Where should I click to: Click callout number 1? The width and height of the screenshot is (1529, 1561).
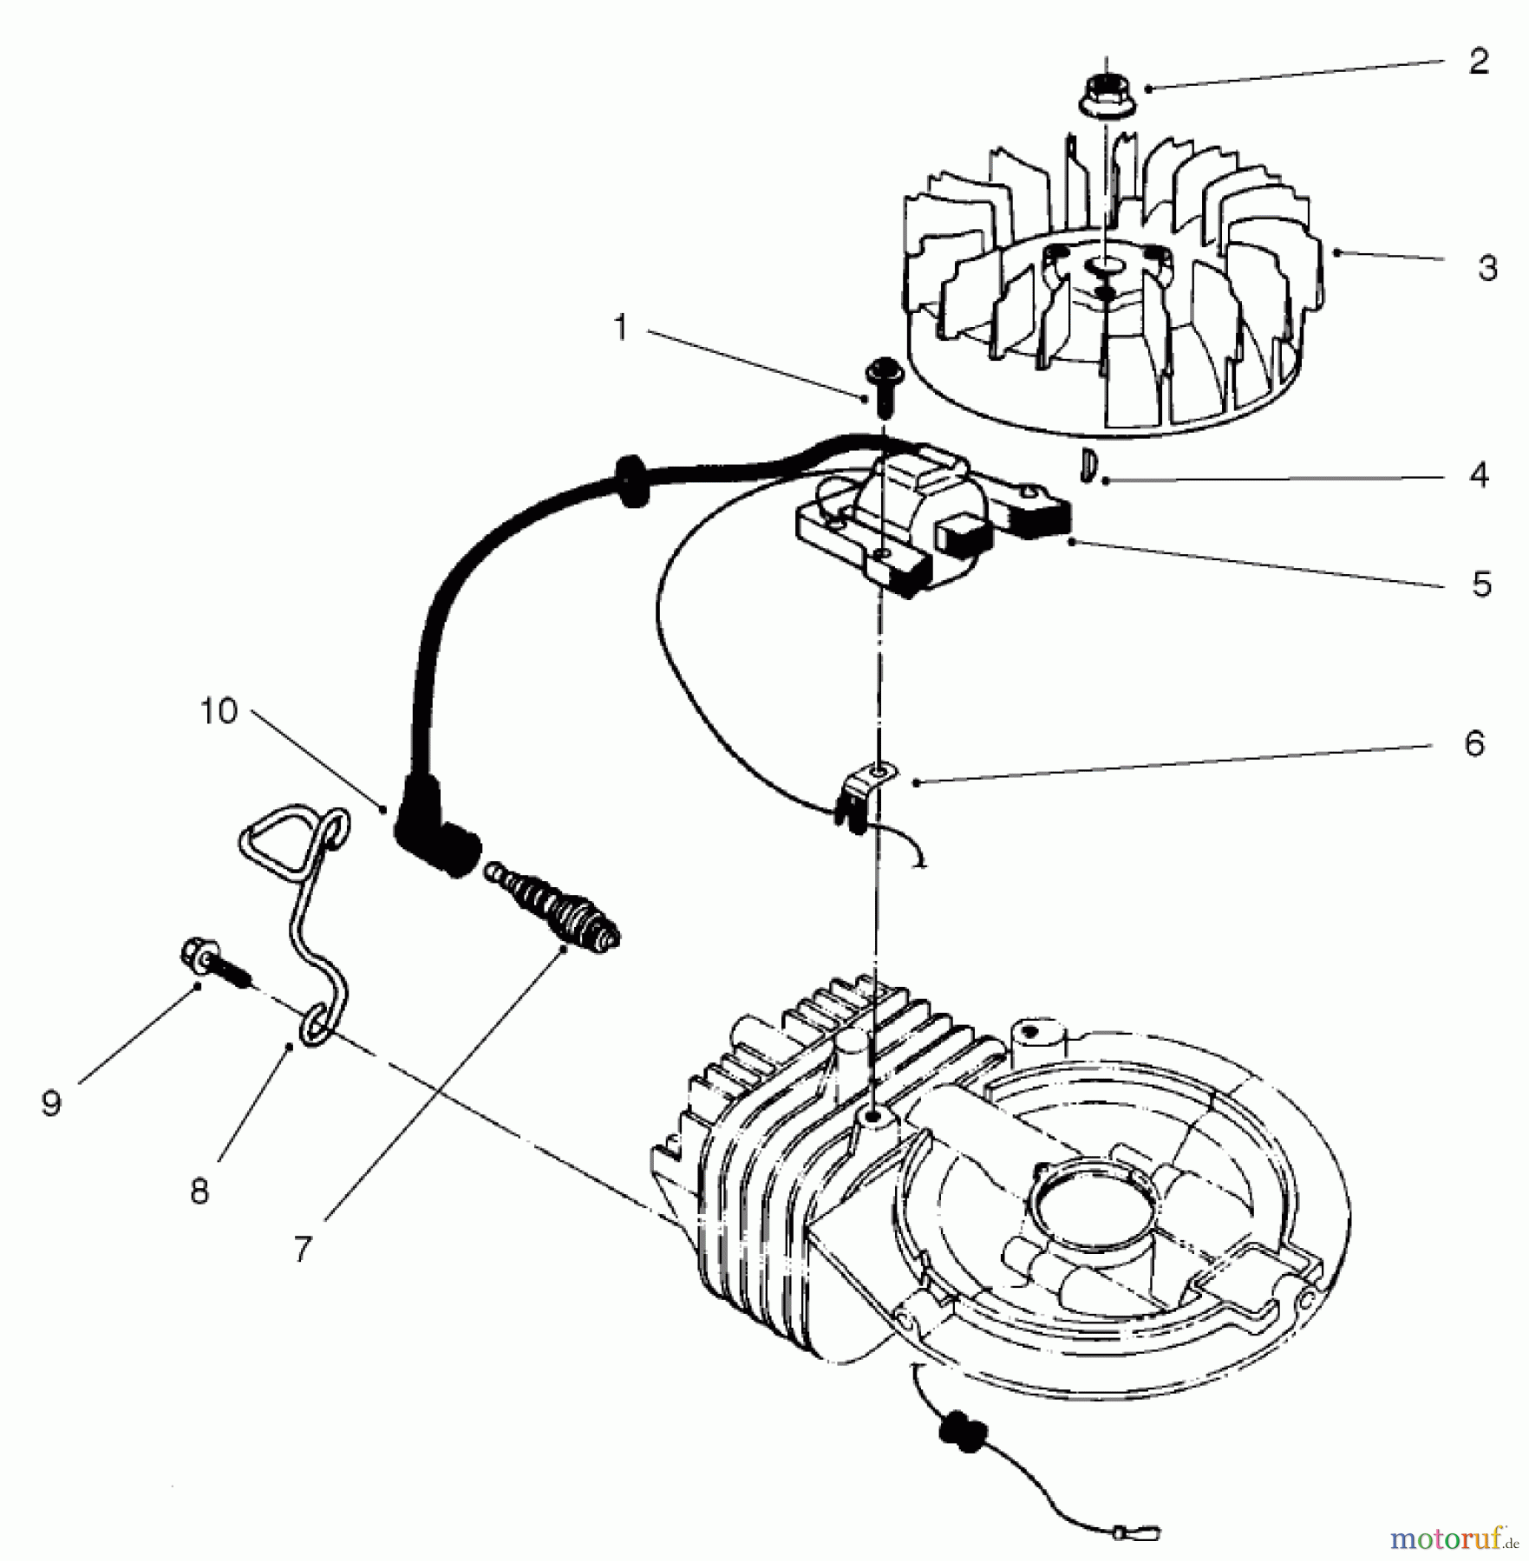(x=620, y=330)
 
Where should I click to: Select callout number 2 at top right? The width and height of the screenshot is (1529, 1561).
(x=1478, y=62)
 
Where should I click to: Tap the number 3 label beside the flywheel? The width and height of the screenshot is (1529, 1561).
(x=1487, y=269)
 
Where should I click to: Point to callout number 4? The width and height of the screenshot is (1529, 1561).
(x=1479, y=475)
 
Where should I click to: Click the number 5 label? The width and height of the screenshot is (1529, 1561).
(x=1481, y=585)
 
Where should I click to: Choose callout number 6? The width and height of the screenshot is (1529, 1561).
(x=1474, y=744)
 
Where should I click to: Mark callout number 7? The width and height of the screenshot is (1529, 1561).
(x=302, y=1250)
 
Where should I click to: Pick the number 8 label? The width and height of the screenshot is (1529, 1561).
(x=199, y=1192)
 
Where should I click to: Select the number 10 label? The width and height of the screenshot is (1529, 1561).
(x=219, y=711)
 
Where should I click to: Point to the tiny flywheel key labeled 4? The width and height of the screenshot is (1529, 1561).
(x=1085, y=466)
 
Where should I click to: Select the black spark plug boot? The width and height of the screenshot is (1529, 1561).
(x=431, y=833)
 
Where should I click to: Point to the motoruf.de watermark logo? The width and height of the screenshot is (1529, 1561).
(x=1454, y=1540)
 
